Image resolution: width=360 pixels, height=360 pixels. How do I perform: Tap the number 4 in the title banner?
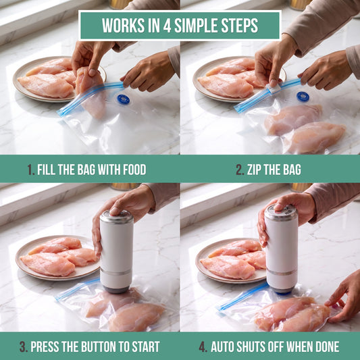pos(167,25)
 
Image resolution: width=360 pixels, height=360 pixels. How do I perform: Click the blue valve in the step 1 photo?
pos(124,99)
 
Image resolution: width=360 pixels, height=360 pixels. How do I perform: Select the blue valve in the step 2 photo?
pos(303,97)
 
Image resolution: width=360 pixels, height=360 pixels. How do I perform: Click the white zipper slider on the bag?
pos(273,88)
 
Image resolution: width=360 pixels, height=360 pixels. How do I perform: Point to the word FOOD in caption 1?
pos(134,170)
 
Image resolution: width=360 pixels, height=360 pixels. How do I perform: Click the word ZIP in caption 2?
pos(254,170)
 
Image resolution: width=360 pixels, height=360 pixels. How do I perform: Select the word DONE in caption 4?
pos(327,346)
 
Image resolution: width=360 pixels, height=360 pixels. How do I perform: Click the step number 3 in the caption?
pos(23,346)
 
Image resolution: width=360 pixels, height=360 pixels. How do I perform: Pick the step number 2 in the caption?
pos(240,170)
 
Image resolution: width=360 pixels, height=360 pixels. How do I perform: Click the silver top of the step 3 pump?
pos(117,217)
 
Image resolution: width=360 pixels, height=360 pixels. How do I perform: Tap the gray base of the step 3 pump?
pos(116,289)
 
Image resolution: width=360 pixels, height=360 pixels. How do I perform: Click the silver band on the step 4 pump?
pos(282,272)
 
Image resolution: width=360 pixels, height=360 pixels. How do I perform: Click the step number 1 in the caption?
pos(30,170)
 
